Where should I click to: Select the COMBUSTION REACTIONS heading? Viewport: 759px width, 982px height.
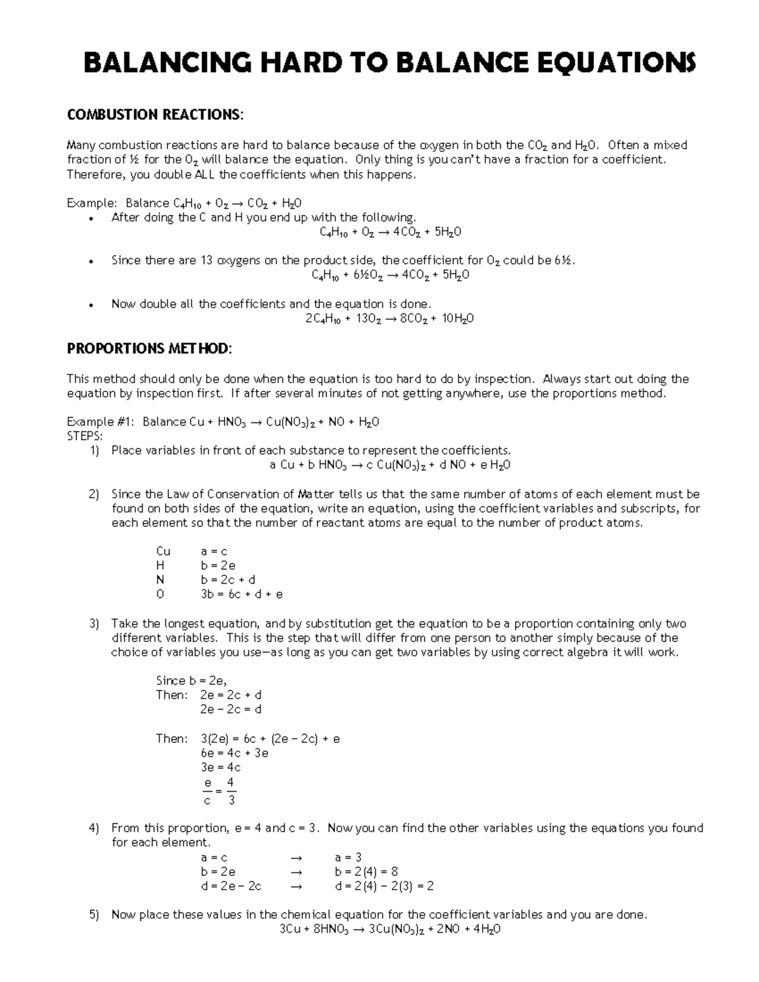click(154, 114)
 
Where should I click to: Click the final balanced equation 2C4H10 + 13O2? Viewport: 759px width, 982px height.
click(390, 319)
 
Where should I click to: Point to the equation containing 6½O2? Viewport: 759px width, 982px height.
click(390, 275)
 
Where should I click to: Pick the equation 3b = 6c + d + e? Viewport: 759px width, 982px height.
click(242, 594)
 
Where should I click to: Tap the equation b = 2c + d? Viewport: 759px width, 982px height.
click(228, 580)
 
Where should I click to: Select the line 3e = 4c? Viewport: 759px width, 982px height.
click(220, 768)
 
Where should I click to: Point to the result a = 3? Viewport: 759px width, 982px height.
click(348, 857)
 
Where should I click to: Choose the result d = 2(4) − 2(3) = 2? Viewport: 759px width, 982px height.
click(384, 887)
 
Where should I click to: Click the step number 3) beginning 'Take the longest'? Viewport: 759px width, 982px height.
click(94, 623)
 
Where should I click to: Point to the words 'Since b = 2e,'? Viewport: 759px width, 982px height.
click(191, 681)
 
